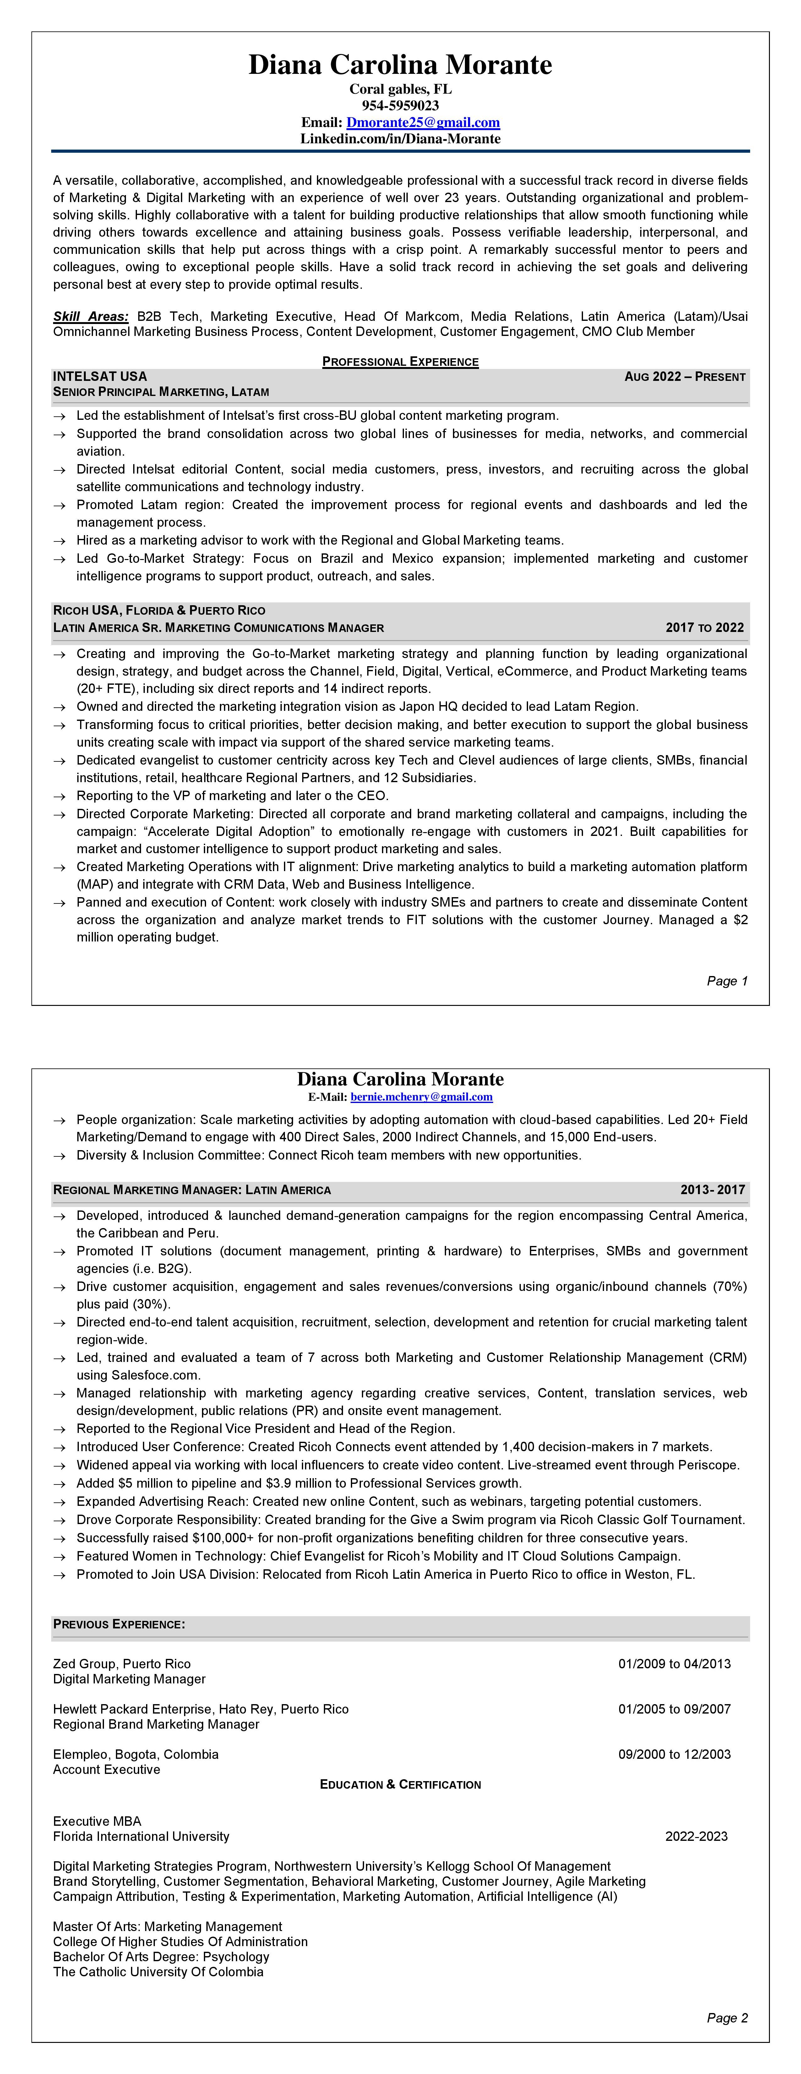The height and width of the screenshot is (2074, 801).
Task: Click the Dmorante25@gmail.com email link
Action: click(422, 122)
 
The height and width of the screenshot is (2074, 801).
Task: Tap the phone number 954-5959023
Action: click(400, 106)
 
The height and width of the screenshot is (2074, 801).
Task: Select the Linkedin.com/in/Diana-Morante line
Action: click(400, 139)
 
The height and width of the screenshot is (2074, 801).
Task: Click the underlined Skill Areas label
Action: click(90, 316)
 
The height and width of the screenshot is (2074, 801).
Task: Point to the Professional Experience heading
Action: click(400, 361)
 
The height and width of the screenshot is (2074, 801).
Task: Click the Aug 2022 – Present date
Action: click(684, 377)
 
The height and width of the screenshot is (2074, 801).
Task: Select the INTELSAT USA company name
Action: click(100, 376)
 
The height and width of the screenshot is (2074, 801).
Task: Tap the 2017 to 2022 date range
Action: click(704, 627)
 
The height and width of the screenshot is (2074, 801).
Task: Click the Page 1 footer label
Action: click(727, 981)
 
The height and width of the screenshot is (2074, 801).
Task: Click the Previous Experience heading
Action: click(119, 1624)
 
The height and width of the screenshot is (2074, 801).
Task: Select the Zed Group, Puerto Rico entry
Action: click(122, 1663)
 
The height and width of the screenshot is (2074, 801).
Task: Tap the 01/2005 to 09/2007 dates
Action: click(674, 1709)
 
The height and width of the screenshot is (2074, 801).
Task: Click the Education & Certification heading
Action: click(400, 1784)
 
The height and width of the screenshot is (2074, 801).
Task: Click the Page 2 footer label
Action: click(727, 2018)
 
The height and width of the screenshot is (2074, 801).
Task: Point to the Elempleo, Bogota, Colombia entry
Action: click(135, 1753)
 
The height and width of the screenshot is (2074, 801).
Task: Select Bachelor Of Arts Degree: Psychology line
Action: click(161, 1956)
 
